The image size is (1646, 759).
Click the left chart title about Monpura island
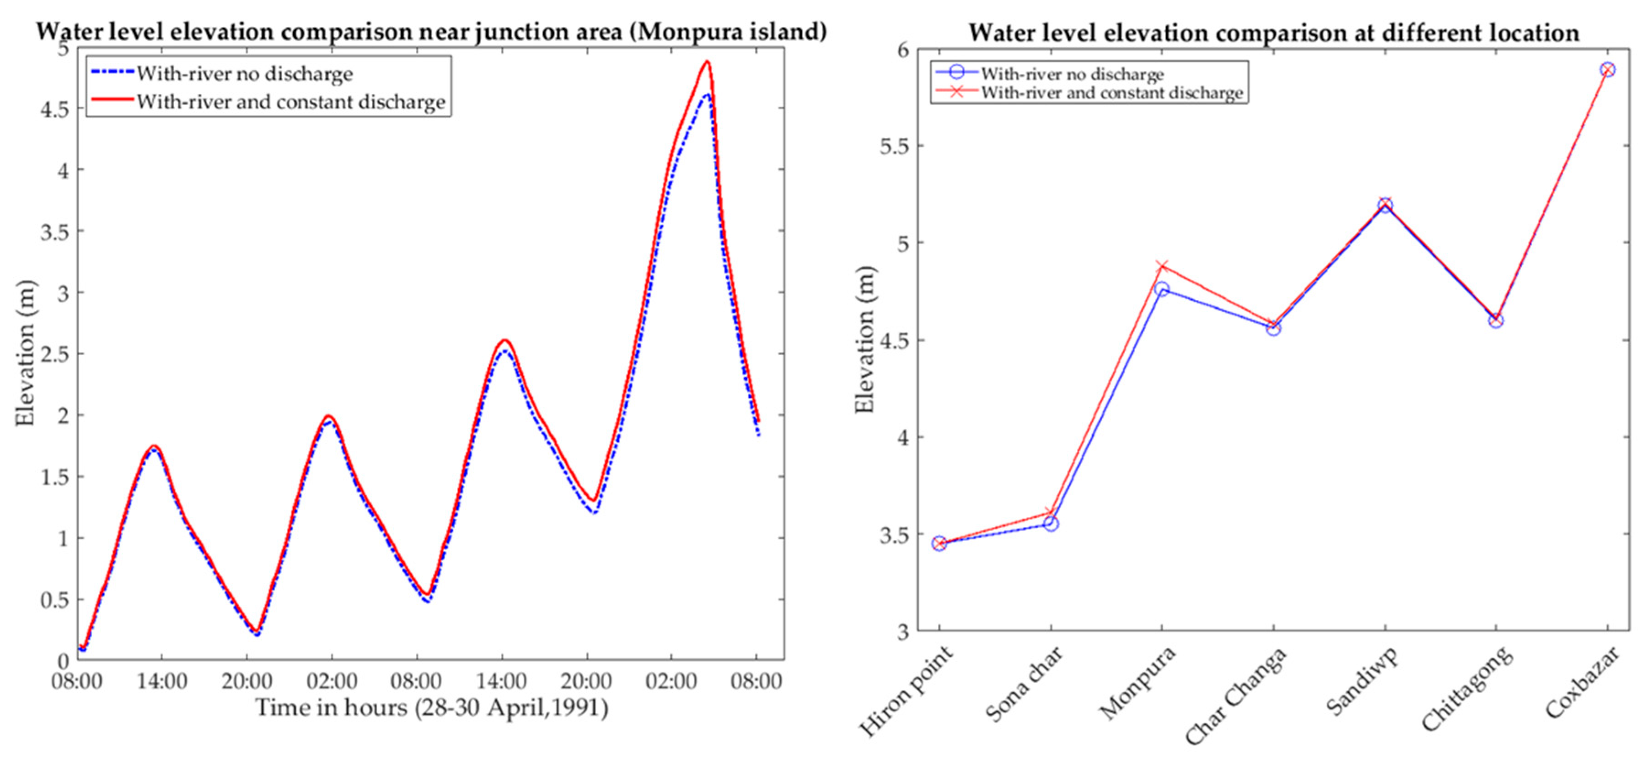pyautogui.click(x=431, y=31)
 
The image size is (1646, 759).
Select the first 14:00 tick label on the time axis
pyautogui.click(x=161, y=681)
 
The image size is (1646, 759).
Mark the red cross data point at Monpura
pyautogui.click(x=1162, y=266)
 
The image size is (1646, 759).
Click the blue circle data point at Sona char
pyautogui.click(x=1051, y=524)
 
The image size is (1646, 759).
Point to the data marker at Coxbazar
pyautogui.click(x=1608, y=69)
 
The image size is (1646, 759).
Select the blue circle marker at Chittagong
pyautogui.click(x=1496, y=320)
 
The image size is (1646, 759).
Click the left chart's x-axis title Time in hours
pyautogui.click(x=432, y=708)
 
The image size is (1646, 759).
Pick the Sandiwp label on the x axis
pyautogui.click(x=1361, y=681)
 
